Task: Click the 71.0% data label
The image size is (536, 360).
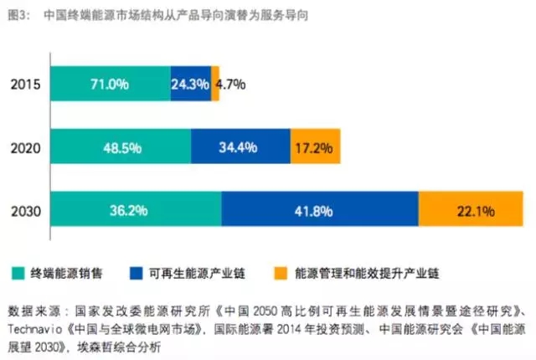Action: [110, 84]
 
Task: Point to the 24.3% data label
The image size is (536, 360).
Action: [189, 84]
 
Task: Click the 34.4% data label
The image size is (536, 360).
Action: [240, 147]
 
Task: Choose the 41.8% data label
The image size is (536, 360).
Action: [320, 210]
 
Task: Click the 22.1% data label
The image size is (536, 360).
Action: [474, 210]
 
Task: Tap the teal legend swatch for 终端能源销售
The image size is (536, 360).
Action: [18, 273]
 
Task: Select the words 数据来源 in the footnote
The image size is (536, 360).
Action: [33, 308]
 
